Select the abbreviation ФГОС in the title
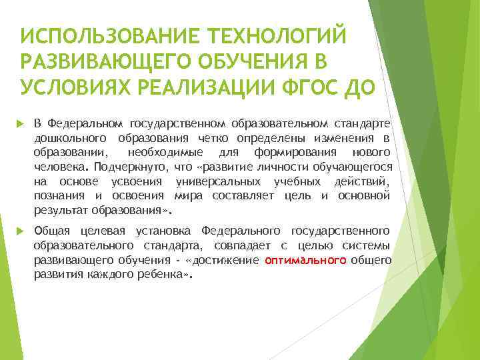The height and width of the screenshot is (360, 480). (x=302, y=87)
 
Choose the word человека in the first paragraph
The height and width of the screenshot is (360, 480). (x=58, y=167)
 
